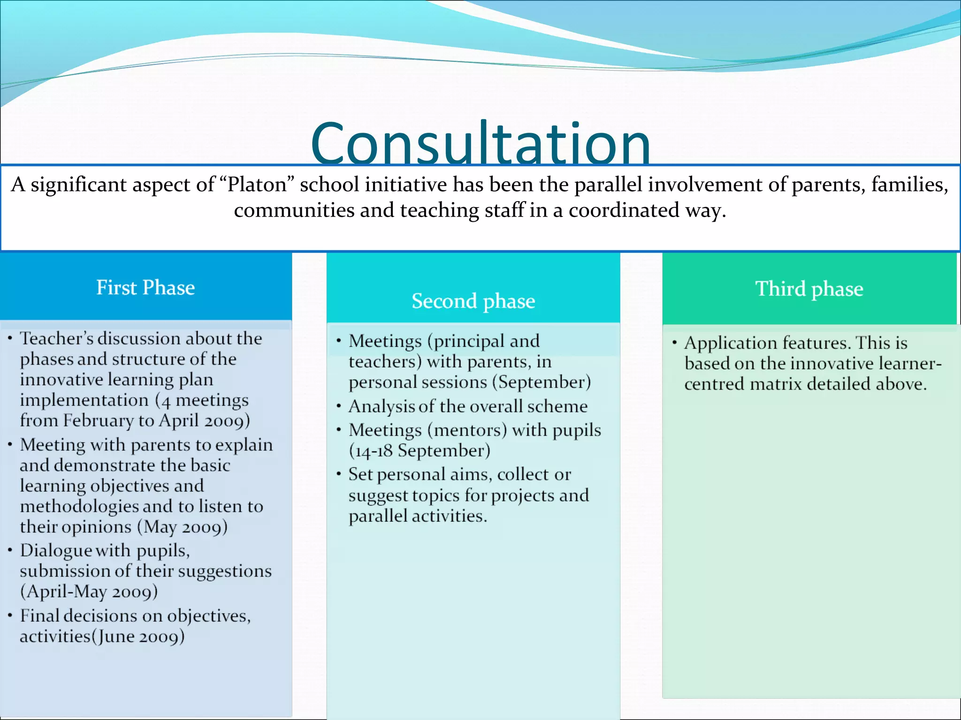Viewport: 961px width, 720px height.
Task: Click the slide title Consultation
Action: (x=480, y=143)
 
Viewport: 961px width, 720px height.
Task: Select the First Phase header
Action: (x=145, y=287)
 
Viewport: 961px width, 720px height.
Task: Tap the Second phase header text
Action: (x=473, y=301)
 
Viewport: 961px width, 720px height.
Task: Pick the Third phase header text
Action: (x=809, y=289)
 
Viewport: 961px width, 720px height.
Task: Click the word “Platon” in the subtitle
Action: (x=257, y=185)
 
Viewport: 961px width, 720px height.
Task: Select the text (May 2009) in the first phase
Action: (x=183, y=527)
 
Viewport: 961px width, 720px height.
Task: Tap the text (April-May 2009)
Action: (x=89, y=592)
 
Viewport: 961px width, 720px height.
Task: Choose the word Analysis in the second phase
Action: (x=381, y=406)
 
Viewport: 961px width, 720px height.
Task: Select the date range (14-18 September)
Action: (x=419, y=451)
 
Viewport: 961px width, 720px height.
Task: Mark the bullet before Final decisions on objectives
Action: (x=10, y=615)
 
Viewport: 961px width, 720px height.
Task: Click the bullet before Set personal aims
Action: (x=338, y=474)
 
